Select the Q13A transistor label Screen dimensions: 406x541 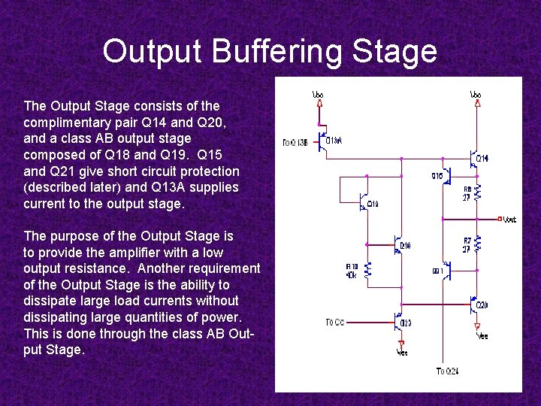pyautogui.click(x=334, y=141)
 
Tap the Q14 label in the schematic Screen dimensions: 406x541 pyautogui.click(x=482, y=159)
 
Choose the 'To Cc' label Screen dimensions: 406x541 pyautogui.click(x=335, y=323)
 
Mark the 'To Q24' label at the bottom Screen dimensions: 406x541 pyautogui.click(x=446, y=371)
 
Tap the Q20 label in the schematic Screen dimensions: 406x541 pyautogui.click(x=482, y=305)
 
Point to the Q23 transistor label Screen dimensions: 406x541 pyautogui.click(x=406, y=323)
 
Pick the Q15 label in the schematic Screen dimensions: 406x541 pyautogui.click(x=437, y=176)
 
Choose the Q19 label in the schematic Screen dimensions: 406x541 pyautogui.click(x=373, y=204)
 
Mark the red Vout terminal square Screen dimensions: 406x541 pyautogui.click(x=498, y=220)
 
